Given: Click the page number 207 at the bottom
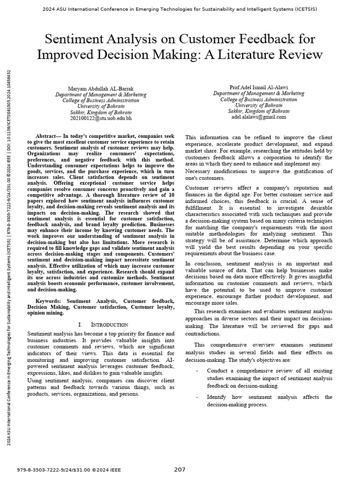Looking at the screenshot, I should [180, 469].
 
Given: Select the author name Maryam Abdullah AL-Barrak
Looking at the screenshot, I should [101, 88].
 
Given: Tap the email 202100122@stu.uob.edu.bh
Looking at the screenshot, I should [101, 119].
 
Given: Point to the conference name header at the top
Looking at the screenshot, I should [180, 9].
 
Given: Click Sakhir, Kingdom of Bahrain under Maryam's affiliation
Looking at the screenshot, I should [101, 112].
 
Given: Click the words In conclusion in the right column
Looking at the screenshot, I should [204, 263].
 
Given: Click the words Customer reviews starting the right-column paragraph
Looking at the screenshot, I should [206, 187].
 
